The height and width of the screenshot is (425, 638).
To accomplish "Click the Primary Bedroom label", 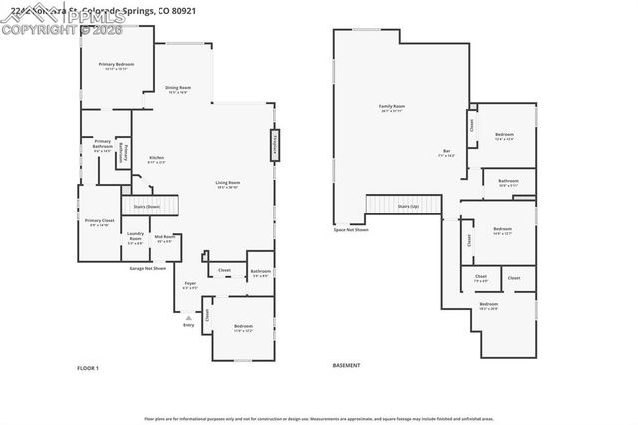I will [x=116, y=66].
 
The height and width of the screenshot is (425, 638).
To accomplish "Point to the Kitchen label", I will [x=157, y=159].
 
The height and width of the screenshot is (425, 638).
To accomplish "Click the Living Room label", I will [x=228, y=184].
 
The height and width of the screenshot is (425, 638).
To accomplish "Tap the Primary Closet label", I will [x=99, y=222].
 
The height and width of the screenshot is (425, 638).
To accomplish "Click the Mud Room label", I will [x=164, y=238].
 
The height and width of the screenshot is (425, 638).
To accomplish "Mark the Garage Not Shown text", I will [x=147, y=268].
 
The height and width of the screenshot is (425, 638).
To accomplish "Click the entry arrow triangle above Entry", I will [x=187, y=316].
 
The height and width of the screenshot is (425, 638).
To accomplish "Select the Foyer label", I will [x=190, y=285].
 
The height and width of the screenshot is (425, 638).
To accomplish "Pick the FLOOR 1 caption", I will [x=88, y=368].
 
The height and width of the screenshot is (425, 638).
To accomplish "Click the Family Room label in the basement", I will [x=391, y=108].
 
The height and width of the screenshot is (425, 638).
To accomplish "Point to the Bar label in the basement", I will [x=447, y=154].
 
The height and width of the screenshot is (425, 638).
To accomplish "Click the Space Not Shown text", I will [x=351, y=230].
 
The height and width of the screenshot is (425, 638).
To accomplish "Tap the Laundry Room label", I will [x=135, y=238].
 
